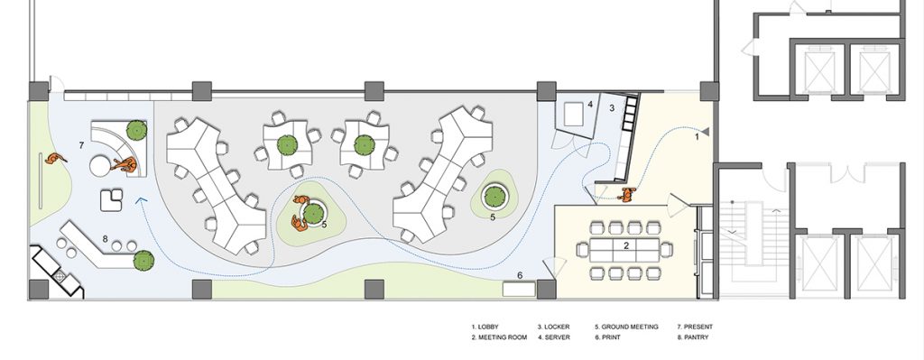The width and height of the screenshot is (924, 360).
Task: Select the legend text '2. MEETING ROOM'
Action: [x=499, y=337]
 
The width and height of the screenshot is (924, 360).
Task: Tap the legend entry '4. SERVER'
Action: [x=553, y=337]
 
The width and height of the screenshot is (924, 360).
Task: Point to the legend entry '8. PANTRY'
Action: [x=692, y=337]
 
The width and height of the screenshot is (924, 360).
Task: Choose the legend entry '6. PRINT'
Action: [x=607, y=337]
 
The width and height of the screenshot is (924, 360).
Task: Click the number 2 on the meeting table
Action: [x=627, y=245]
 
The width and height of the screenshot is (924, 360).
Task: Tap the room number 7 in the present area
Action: [x=82, y=145]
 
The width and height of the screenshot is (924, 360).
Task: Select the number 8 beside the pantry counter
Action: [x=105, y=238]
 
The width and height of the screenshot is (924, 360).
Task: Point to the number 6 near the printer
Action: [x=520, y=275]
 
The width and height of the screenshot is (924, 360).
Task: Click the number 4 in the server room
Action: [x=590, y=105]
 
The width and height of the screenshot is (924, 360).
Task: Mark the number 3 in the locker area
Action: [x=612, y=108]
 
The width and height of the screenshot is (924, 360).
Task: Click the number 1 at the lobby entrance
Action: [x=698, y=137]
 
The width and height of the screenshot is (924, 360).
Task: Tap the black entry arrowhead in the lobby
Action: [x=705, y=132]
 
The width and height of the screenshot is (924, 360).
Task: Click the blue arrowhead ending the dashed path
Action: [x=141, y=201]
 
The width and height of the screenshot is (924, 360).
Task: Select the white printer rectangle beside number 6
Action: [x=519, y=290]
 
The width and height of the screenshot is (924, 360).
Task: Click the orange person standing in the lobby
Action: [x=628, y=194]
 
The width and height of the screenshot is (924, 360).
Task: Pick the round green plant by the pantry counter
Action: [x=143, y=260]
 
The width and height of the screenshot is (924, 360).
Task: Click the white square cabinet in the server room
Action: [x=573, y=115]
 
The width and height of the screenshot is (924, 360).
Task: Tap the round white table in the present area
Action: [x=101, y=166]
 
